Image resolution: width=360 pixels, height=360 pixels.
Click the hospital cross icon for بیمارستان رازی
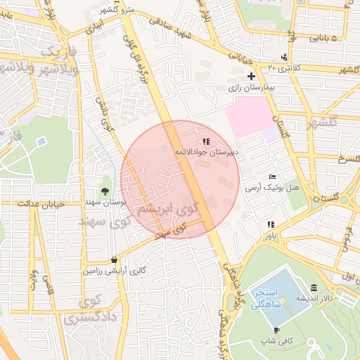pos(251,76)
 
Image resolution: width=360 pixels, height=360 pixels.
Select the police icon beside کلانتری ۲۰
pos(283,57)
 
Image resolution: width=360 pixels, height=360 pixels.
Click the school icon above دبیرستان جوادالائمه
pos(205,141)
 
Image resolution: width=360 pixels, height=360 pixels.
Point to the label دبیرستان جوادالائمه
pos(205,152)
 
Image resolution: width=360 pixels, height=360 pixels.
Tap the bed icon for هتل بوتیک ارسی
pos(272,176)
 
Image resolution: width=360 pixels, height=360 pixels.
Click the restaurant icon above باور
pos(270,225)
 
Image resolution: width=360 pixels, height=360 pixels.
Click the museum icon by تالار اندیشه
pos(314,288)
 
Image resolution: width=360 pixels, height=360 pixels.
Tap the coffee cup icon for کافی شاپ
pos(276,330)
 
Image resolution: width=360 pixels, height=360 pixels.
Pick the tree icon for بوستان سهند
pos(105,191)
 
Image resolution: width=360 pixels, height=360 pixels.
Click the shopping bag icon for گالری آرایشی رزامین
pos(115,259)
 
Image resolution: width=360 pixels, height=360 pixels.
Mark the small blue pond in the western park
pos(41,141)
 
